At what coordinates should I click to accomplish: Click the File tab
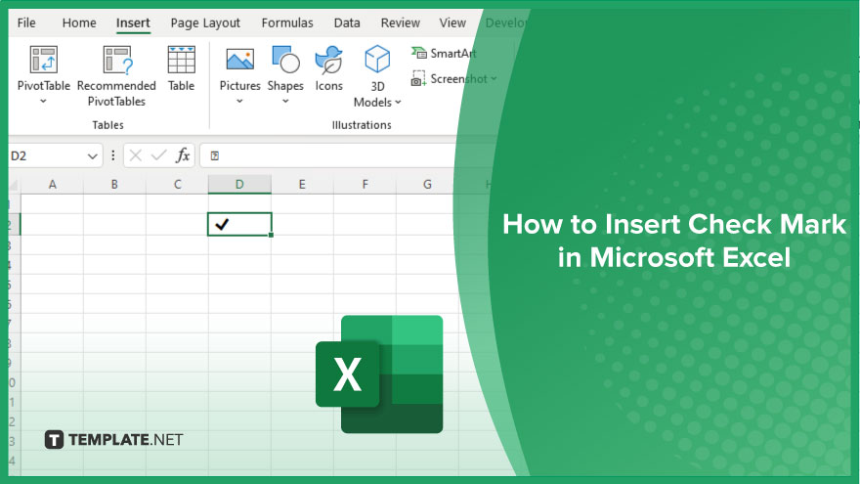26,23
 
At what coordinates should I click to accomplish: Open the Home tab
79,23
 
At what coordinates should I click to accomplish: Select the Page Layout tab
205,23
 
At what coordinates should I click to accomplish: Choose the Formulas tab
287,23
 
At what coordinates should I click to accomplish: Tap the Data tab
347,23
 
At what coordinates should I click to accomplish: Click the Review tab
400,23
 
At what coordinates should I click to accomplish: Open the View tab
451,23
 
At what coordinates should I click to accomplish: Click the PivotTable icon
44,60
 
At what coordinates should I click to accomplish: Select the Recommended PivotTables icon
117,60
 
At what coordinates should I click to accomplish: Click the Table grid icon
182,60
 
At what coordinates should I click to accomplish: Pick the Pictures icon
240,60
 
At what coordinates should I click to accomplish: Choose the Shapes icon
285,60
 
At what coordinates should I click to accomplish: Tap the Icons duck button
328,60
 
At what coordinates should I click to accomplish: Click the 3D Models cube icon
377,59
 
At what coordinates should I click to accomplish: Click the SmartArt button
444,53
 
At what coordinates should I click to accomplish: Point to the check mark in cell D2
222,224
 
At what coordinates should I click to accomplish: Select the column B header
114,185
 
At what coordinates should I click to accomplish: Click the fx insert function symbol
183,155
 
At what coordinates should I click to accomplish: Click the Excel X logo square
347,374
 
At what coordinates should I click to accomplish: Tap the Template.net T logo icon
54,440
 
